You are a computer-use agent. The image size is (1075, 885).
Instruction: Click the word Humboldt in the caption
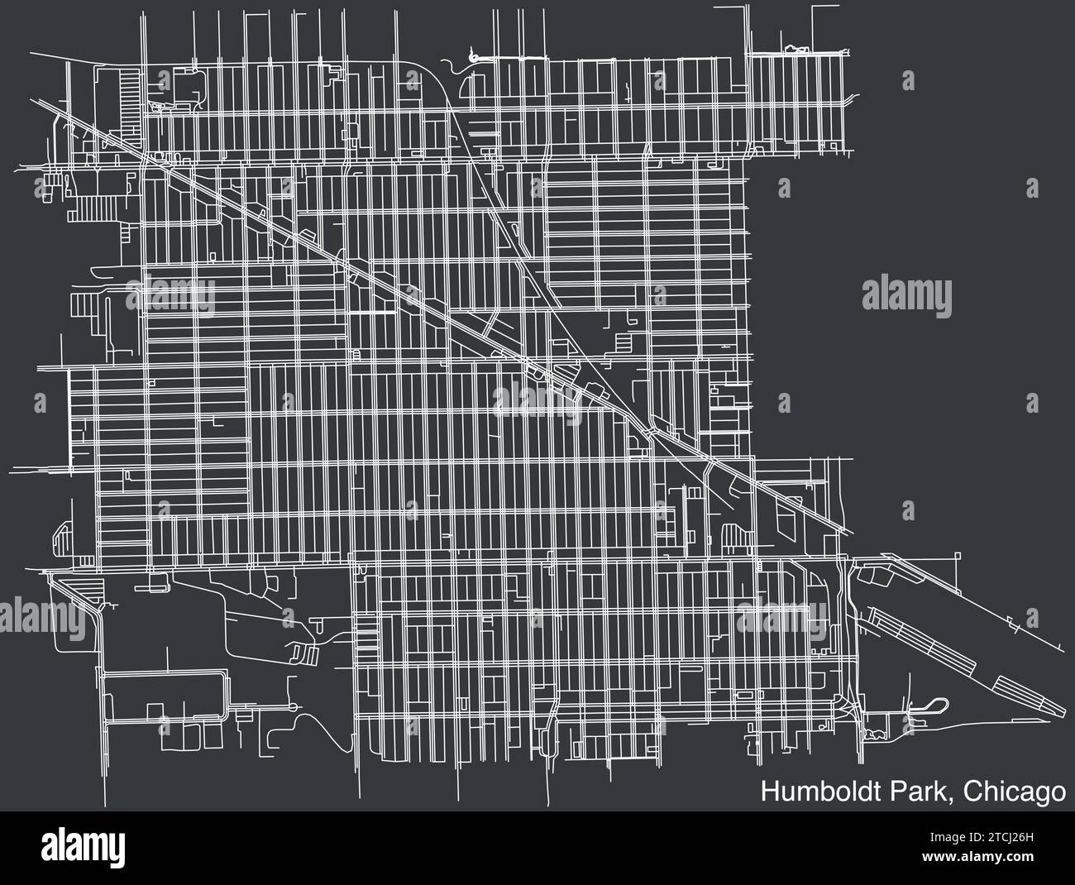(x=814, y=792)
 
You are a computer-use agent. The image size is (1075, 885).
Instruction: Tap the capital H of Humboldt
(x=769, y=792)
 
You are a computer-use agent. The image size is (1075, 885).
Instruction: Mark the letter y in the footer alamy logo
(x=118, y=850)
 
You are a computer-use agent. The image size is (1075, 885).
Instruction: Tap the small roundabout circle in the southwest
(x=296, y=708)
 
